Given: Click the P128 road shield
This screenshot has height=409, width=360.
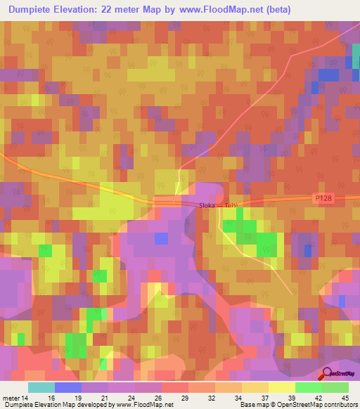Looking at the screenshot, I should click(323, 199).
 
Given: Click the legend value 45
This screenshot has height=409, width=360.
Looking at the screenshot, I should click(345, 397).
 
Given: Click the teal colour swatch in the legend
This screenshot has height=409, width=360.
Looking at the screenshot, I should click(41, 387).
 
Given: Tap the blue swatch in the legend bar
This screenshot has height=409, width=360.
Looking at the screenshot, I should click(68, 387).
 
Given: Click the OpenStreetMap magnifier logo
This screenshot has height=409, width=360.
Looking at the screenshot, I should click(326, 374).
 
